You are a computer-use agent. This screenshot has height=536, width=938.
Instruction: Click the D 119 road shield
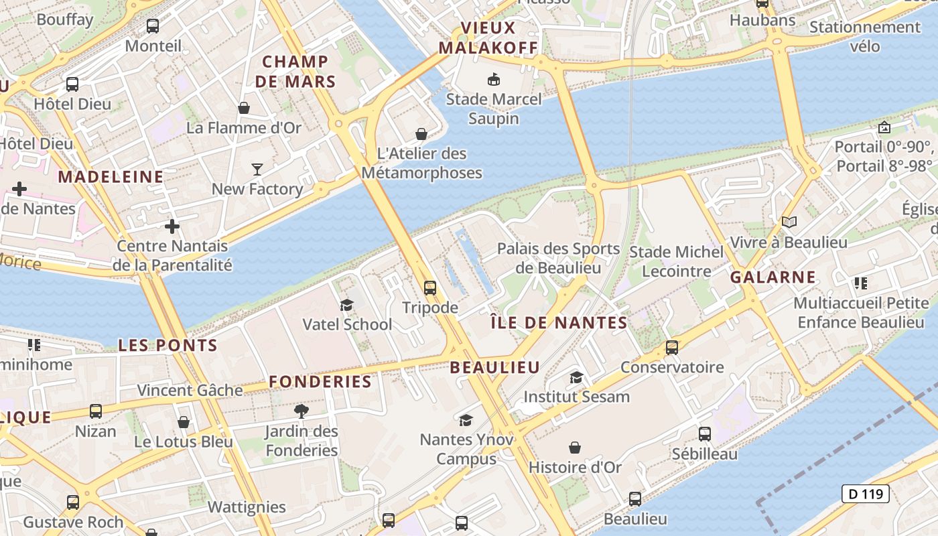(865, 494)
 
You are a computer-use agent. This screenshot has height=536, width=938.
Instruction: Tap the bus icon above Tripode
(430, 288)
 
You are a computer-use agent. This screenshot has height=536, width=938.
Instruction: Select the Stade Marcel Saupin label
(494, 109)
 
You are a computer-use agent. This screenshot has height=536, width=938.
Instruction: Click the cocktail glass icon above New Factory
(257, 169)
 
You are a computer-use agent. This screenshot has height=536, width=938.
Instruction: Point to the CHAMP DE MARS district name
(295, 72)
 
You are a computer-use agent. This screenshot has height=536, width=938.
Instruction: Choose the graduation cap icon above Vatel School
(346, 306)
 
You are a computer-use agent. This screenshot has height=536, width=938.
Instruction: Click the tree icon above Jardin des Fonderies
(301, 411)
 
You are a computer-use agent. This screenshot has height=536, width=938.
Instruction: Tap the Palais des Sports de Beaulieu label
(558, 258)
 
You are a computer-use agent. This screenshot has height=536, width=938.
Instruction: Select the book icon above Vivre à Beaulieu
(789, 222)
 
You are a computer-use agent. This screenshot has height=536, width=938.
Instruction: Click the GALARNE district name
(773, 277)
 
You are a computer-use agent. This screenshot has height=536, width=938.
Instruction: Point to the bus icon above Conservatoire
(672, 348)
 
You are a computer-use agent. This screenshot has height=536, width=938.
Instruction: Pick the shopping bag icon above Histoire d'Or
(575, 448)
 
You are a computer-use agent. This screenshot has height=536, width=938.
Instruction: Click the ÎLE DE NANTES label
(559, 323)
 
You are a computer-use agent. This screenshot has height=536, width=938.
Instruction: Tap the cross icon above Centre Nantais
(172, 226)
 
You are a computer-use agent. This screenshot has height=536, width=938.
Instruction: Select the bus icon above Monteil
(153, 26)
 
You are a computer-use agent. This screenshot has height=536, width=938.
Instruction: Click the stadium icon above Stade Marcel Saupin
(494, 80)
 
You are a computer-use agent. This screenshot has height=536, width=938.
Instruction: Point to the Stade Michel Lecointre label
(677, 261)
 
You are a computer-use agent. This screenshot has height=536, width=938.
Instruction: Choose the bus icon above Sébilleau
(705, 434)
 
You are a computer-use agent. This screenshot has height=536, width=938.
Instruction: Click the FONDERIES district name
(320, 382)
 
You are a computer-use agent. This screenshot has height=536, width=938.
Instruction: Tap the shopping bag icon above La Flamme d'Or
(244, 108)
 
